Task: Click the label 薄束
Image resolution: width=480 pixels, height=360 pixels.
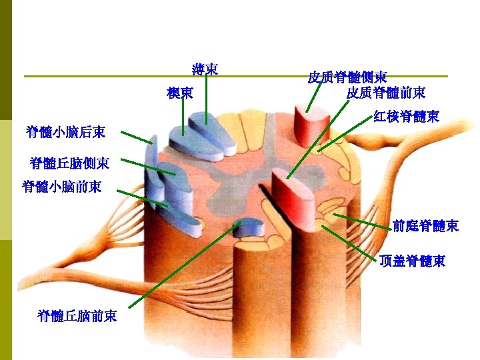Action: tap(205, 69)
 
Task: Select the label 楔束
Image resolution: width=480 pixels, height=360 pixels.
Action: tap(180, 93)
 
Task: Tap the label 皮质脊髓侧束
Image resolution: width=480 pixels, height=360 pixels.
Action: tap(347, 77)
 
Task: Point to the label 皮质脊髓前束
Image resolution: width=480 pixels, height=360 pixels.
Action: tap(386, 92)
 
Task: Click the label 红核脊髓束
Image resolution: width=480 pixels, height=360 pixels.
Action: tap(406, 117)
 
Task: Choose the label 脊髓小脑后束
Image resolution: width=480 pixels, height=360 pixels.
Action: tap(65, 131)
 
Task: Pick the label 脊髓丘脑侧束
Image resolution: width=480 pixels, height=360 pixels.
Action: tap(75, 163)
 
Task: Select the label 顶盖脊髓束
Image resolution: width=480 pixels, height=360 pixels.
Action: tap(412, 261)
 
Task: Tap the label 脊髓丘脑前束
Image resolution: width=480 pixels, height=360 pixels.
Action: tap(77, 315)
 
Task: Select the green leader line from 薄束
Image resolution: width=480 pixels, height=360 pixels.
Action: tap(207, 100)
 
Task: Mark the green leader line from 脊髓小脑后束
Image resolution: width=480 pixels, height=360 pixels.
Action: tap(137, 138)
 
